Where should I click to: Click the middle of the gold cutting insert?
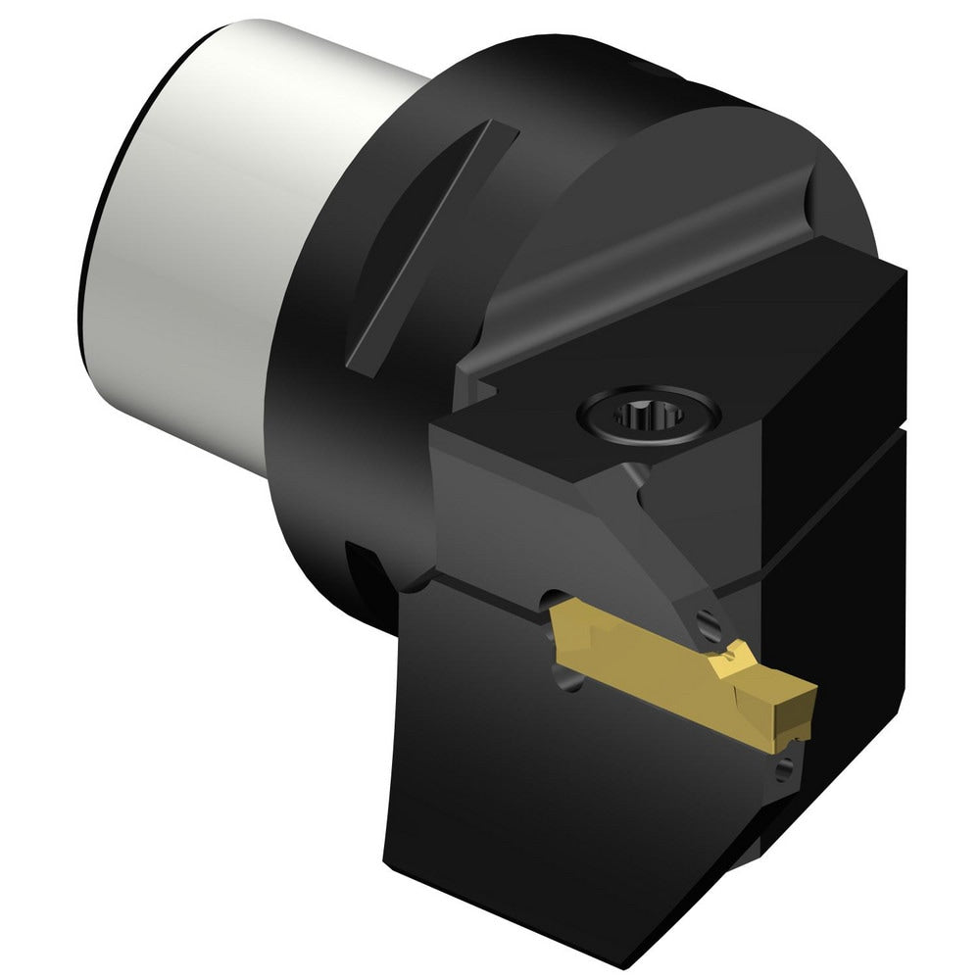coord(676,666)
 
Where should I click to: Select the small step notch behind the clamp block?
coord(480,382)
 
